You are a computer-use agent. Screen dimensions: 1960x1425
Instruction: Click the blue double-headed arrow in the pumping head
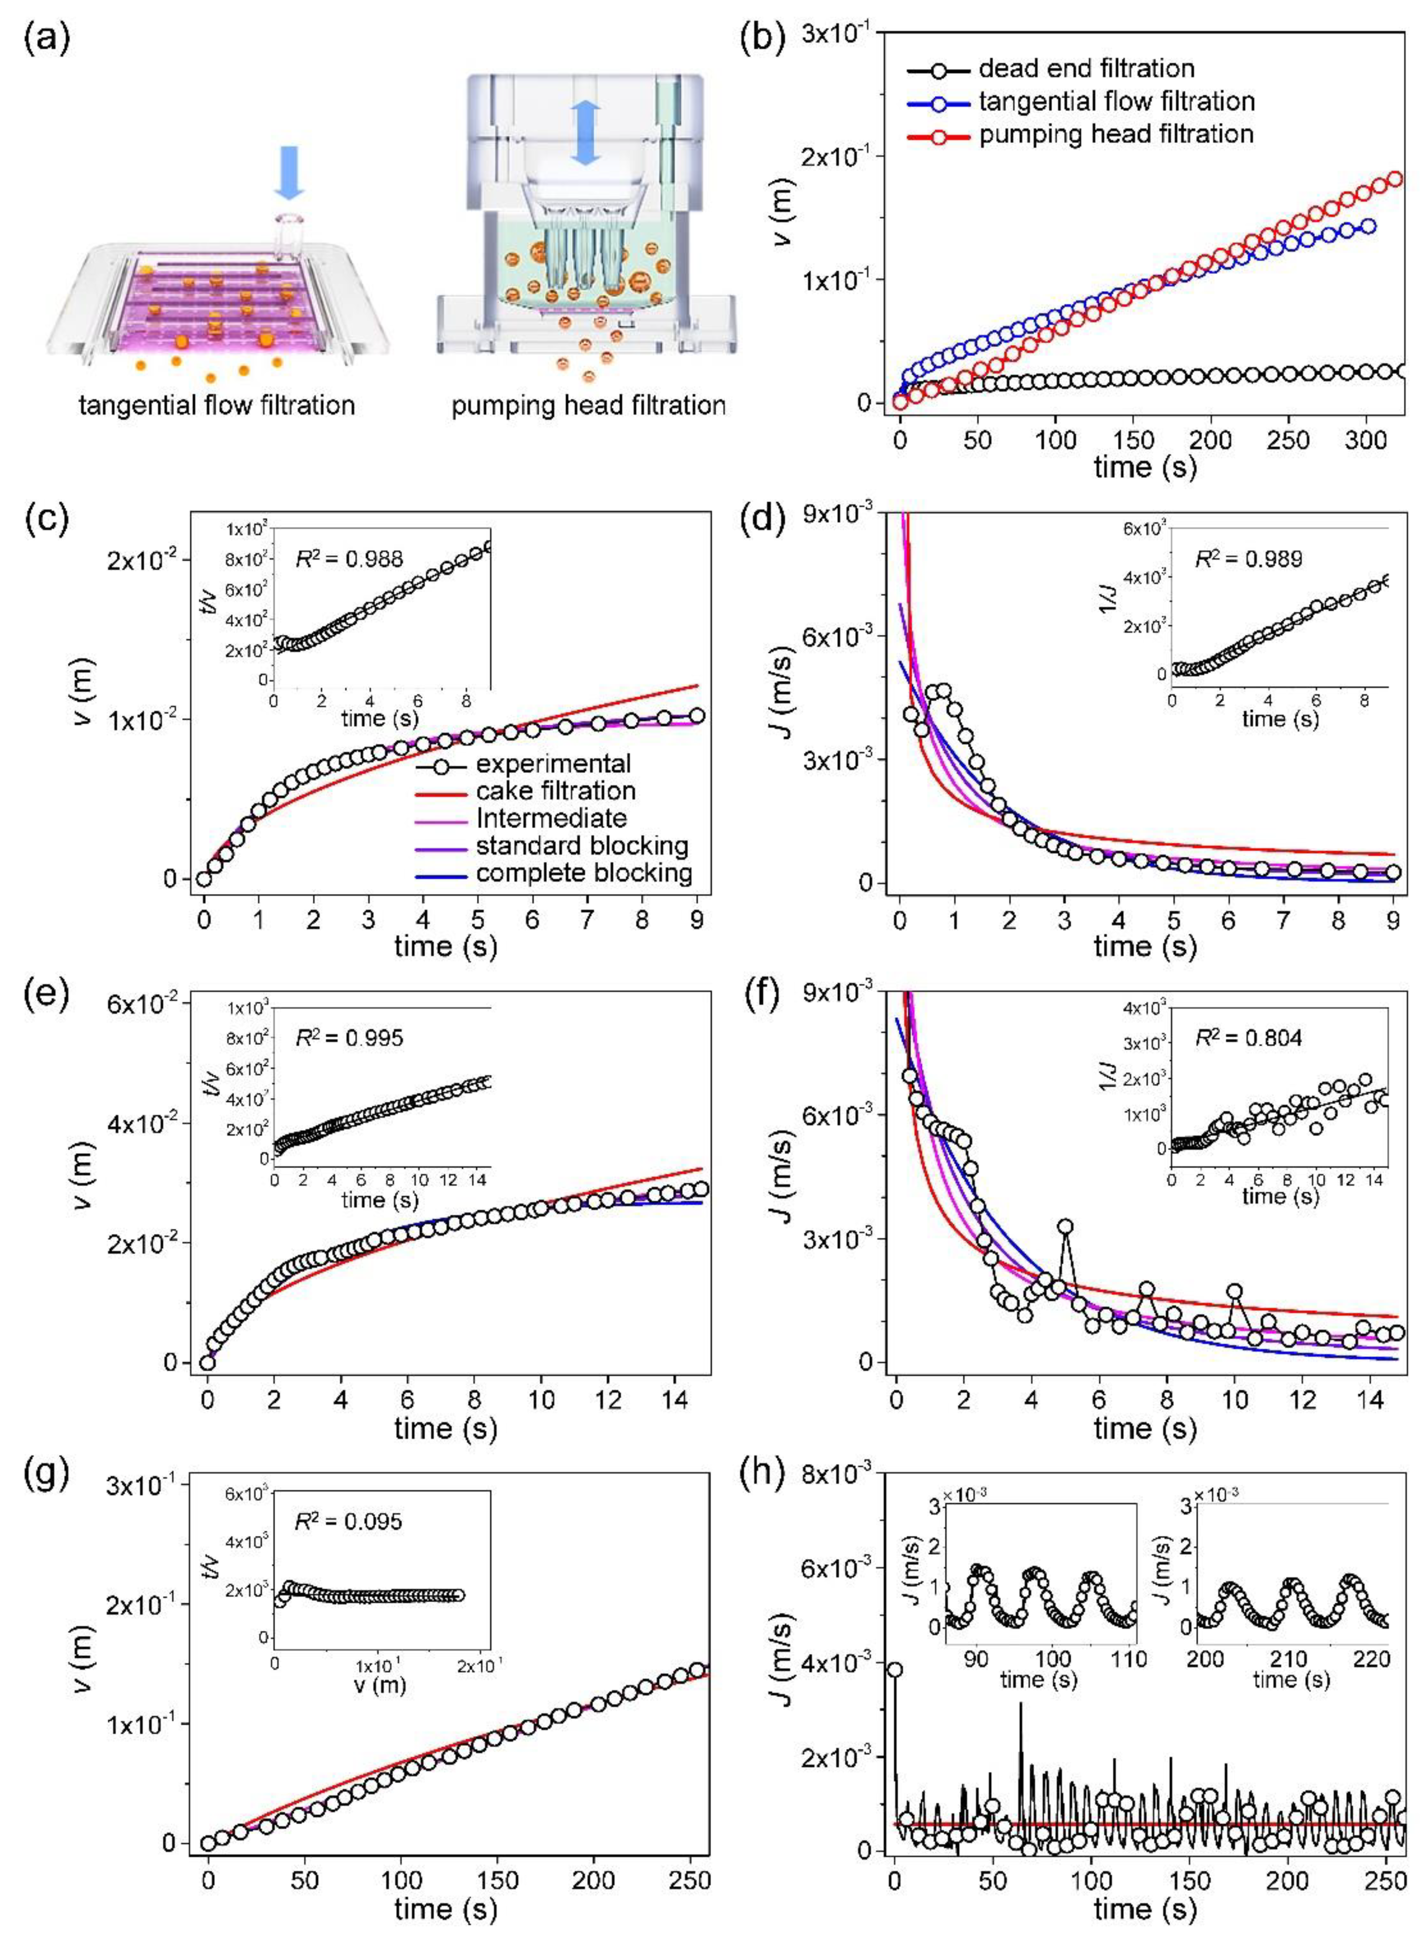(586, 132)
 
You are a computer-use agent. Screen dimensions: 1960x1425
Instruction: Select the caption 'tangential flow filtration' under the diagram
(217, 405)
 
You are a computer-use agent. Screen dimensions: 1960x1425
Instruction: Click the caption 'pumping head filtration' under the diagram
(588, 405)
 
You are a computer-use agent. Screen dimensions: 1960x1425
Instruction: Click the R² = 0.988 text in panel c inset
(349, 559)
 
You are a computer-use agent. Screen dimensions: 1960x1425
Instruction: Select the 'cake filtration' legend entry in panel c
(555, 791)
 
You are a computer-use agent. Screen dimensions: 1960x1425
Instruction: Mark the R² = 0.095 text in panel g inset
(349, 1520)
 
